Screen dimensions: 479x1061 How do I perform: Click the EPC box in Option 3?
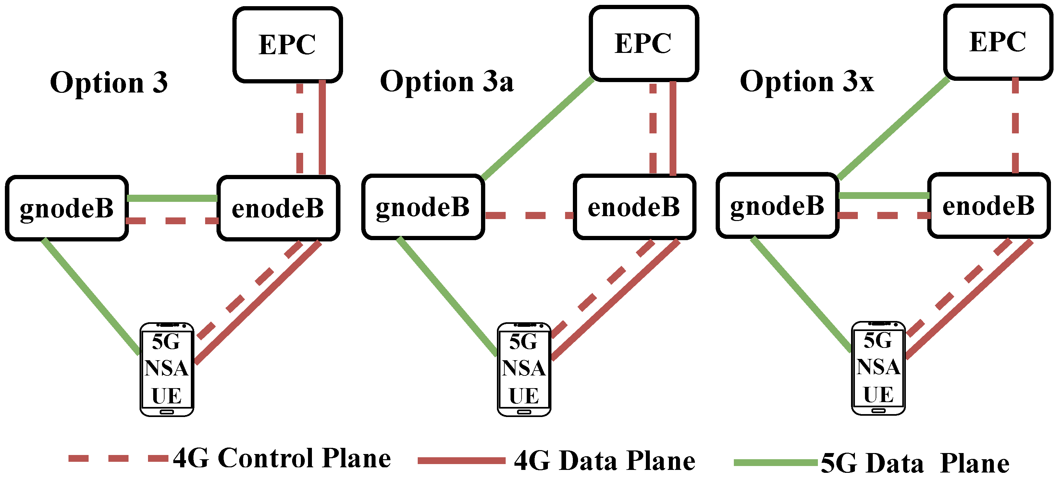288,44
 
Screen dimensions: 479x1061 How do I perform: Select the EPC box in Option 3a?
643,43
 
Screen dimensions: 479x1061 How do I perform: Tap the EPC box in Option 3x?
998,42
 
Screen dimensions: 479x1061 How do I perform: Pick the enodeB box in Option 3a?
634,207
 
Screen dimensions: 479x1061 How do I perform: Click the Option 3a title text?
447,81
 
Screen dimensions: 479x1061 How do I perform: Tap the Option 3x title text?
807,81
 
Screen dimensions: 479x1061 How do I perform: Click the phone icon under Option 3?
167,369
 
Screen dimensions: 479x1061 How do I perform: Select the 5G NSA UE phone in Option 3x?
878,368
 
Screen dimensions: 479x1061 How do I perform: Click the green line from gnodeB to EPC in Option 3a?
537,129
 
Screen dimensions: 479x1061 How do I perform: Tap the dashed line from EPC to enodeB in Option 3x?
1015,126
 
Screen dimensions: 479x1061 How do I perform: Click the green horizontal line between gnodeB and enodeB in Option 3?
172,198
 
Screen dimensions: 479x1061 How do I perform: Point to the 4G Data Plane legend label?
605,461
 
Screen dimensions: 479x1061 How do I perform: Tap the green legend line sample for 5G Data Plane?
775,462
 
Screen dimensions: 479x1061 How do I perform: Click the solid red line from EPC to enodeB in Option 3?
322,128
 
